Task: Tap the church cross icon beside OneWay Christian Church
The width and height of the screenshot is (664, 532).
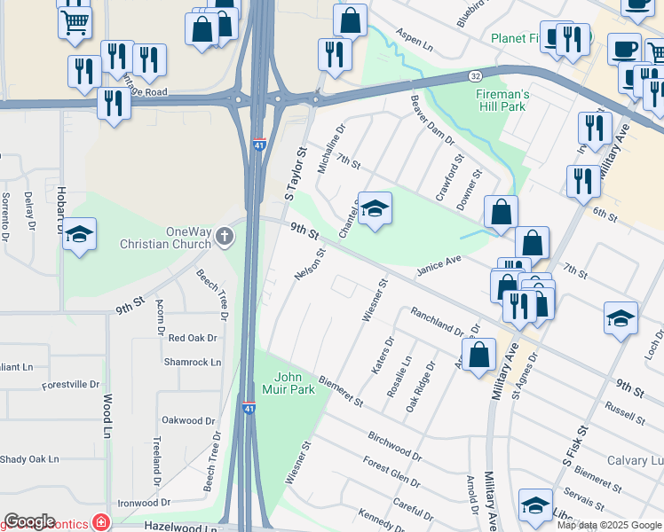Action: (x=225, y=238)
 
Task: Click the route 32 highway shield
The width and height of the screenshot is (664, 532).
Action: (x=476, y=77)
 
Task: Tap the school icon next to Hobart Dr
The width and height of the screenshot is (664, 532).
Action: (x=81, y=235)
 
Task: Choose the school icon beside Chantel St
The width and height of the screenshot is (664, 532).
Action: (x=375, y=210)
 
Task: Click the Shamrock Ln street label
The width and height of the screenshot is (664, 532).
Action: (x=193, y=362)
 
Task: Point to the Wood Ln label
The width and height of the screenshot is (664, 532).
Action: (x=107, y=416)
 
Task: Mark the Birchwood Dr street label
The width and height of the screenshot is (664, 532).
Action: (x=394, y=446)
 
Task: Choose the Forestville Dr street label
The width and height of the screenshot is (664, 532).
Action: (x=71, y=385)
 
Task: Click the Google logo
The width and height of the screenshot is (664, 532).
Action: (x=29, y=521)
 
